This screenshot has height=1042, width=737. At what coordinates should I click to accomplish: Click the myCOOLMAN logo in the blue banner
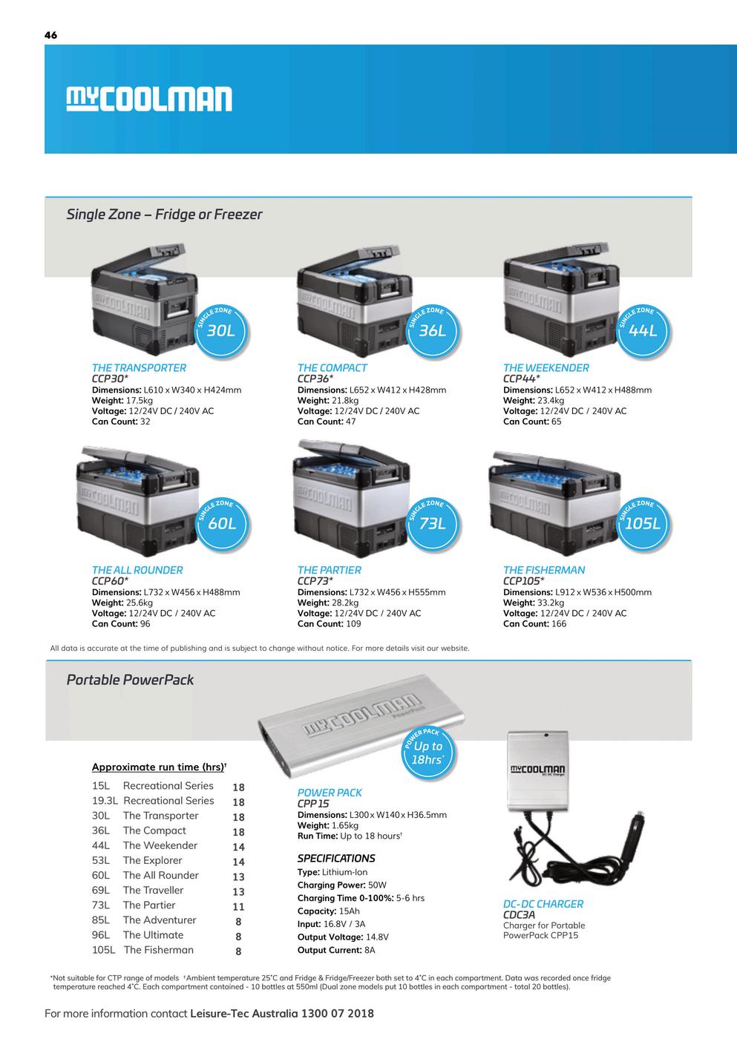point(149,99)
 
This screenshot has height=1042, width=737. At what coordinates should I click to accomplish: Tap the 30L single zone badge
point(221,330)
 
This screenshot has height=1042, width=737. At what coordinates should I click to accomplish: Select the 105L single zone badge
point(643,523)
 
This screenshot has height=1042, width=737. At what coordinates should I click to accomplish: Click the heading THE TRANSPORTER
point(139,367)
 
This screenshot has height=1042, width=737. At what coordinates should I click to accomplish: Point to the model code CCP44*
point(522,379)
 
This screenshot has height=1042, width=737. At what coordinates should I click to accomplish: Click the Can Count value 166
point(559,623)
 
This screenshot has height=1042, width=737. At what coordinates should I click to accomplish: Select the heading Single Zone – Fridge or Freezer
point(164,214)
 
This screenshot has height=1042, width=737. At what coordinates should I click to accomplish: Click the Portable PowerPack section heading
point(130,679)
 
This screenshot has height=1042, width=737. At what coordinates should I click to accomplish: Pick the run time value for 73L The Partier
point(238,906)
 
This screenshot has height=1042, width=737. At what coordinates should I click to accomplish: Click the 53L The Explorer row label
point(137,860)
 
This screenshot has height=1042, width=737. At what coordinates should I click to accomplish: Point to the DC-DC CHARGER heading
point(543,904)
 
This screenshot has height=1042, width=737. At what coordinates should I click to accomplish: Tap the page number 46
point(50,35)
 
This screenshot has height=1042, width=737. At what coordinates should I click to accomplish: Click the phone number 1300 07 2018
point(338,1013)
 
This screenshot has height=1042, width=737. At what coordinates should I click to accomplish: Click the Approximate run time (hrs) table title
point(159,767)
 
